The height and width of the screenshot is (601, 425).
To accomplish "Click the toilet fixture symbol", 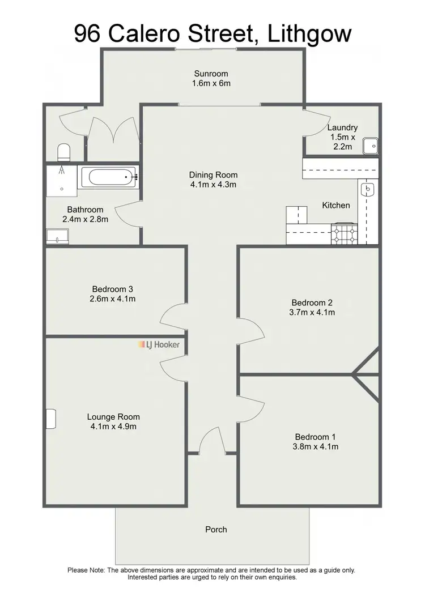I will (64, 152).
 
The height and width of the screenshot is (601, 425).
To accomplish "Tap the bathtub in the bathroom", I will (109, 177).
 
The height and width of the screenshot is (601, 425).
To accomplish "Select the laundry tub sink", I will (371, 146).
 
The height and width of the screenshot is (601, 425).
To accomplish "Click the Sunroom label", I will (211, 74).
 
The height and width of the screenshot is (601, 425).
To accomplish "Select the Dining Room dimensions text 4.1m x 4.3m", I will (213, 185).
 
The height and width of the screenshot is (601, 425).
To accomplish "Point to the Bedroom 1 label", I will (315, 437).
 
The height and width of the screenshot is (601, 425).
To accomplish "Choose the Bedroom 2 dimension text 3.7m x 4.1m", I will (313, 312).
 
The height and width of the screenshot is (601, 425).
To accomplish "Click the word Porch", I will (216, 530).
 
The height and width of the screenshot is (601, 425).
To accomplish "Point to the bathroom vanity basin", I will (57, 236).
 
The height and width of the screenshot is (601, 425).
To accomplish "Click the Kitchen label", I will (336, 205).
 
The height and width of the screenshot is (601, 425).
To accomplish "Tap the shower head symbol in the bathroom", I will (61, 169).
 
